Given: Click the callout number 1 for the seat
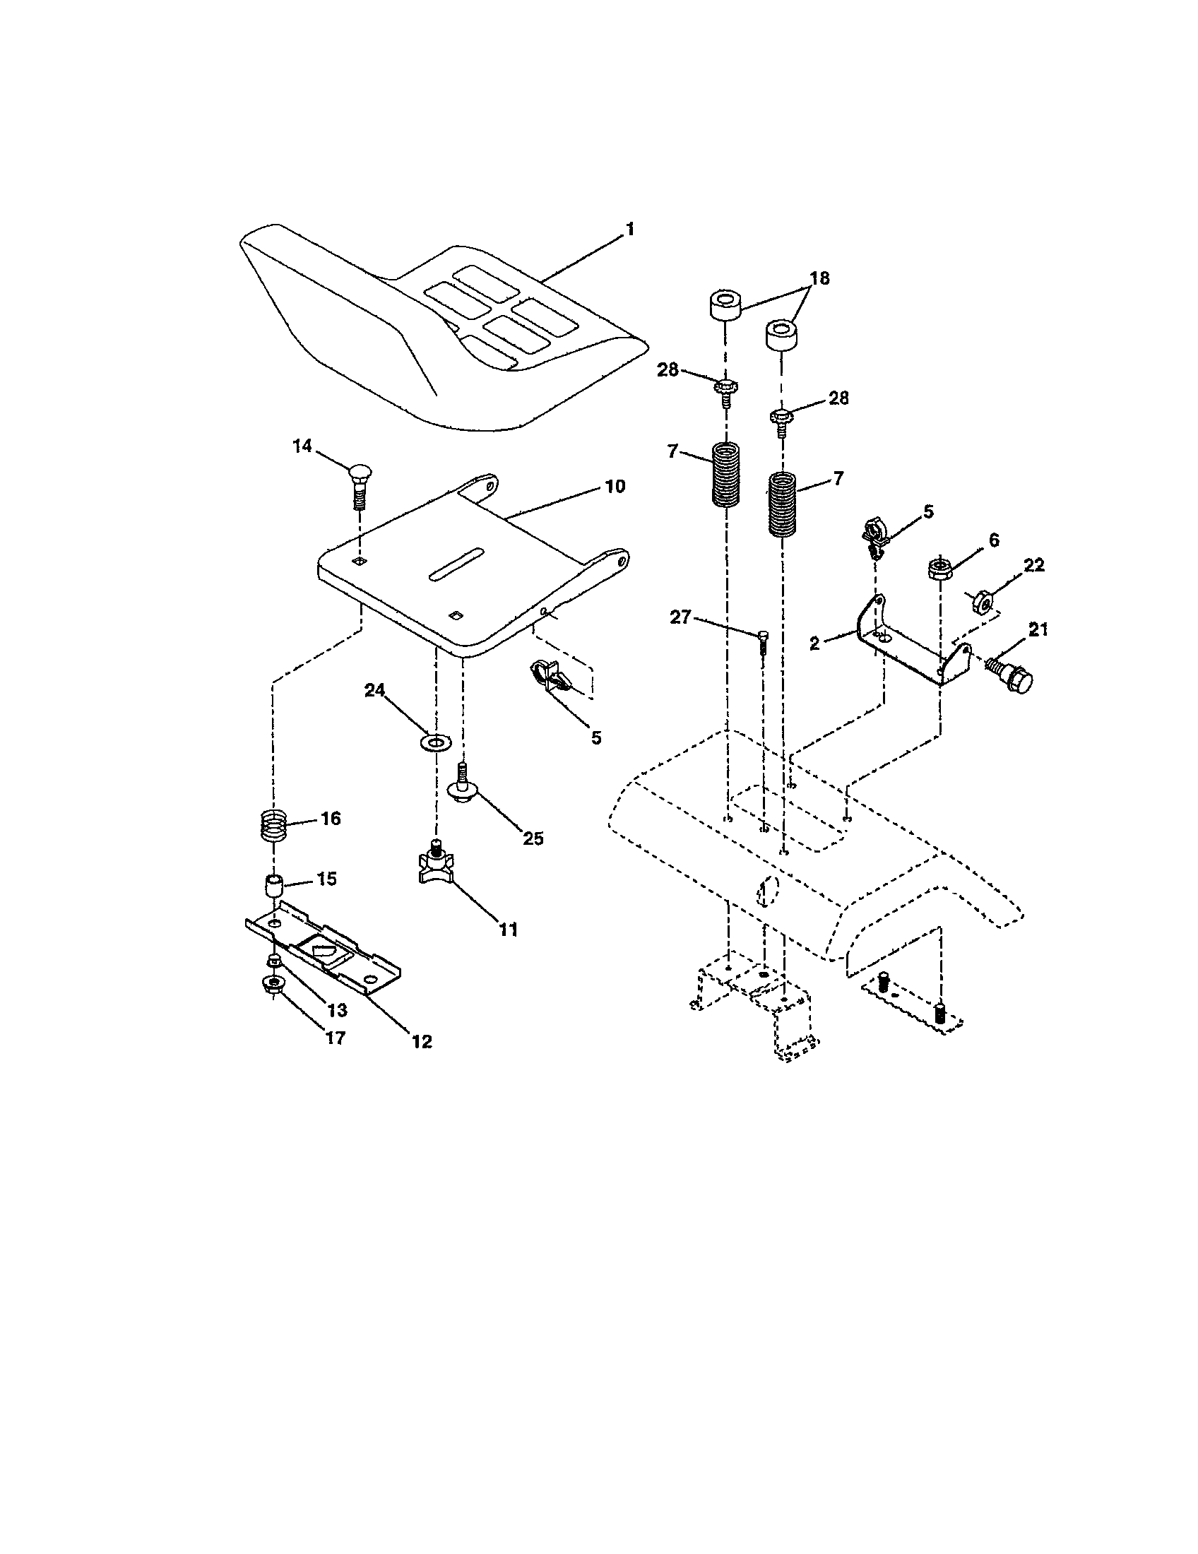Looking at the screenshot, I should coord(629,230).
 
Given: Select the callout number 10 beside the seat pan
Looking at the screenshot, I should coord(615,487).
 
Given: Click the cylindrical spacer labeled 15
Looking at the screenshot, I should coord(274,888).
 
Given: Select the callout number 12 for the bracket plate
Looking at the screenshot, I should coord(422,1041).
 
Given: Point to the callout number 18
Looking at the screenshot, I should coord(819,278).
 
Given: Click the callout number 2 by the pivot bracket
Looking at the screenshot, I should coord(814,643).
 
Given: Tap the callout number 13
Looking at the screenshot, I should coord(336,1009).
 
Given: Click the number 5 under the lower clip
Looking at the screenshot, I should coord(596,738).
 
